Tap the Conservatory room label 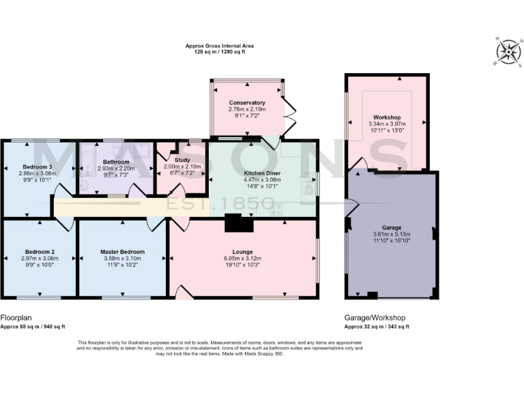tap(247, 102)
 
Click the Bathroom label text tap(107, 161)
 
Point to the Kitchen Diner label tap(263, 173)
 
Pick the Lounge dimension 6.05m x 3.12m tap(242, 259)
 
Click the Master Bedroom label tap(123, 252)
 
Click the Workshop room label tap(387, 117)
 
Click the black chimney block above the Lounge tap(233, 223)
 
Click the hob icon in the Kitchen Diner tap(277, 208)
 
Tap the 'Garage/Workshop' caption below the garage tap(375, 318)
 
